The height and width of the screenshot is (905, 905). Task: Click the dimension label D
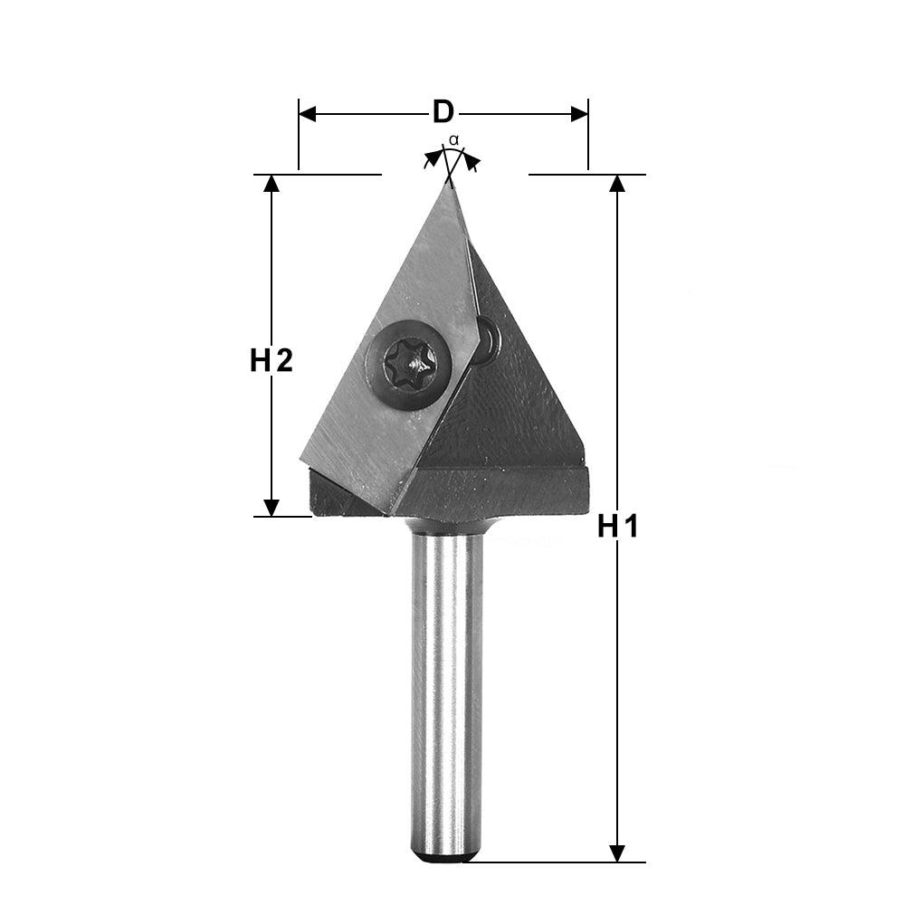coord(443,112)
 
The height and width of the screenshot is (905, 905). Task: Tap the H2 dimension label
coord(271,361)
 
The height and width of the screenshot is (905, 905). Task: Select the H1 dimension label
coord(617,526)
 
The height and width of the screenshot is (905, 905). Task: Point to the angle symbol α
coord(454,140)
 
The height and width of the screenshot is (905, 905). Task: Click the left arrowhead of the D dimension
coord(307,113)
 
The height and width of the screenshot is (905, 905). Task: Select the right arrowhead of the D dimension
coord(579,113)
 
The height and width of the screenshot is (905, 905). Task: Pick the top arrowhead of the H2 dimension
coord(271,183)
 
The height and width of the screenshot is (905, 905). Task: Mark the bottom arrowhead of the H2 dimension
coord(271,508)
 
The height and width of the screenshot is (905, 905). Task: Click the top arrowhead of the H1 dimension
coord(617,183)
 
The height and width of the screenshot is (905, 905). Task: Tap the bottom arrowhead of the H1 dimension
coord(617,853)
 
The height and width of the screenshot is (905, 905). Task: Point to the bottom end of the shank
coord(446,855)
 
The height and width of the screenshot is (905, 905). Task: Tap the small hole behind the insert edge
coord(489,339)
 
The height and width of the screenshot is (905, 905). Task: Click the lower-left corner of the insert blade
coord(303,460)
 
